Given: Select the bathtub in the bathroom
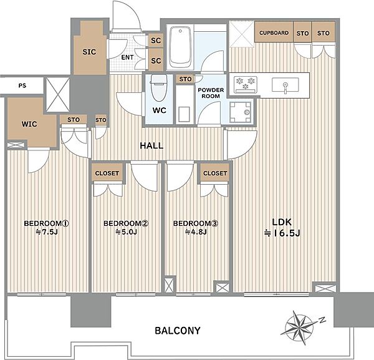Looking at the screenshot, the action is (x=181, y=47).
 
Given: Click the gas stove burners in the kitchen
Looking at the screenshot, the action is (x=246, y=84).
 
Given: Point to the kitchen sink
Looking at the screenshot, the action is (x=285, y=85).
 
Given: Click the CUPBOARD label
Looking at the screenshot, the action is (x=274, y=32).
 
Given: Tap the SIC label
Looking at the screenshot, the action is (x=89, y=52).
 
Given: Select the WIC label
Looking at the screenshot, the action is (x=29, y=124).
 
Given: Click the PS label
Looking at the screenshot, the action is (x=22, y=85).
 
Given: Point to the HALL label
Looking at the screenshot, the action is (x=151, y=145).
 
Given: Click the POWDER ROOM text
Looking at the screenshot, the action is (x=211, y=93).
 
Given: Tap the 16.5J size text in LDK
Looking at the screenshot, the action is (x=282, y=233).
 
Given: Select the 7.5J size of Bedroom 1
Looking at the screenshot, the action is (x=47, y=232).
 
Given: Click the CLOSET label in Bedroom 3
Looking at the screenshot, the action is (x=215, y=173).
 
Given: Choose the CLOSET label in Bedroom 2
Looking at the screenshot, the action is (x=107, y=173).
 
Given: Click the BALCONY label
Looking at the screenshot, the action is (x=178, y=331).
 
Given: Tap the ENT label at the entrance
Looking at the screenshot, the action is (x=127, y=57).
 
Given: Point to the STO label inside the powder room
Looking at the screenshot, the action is (x=185, y=79).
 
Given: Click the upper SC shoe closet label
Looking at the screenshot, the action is (x=156, y=41).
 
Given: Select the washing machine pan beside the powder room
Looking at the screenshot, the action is (x=241, y=112).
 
